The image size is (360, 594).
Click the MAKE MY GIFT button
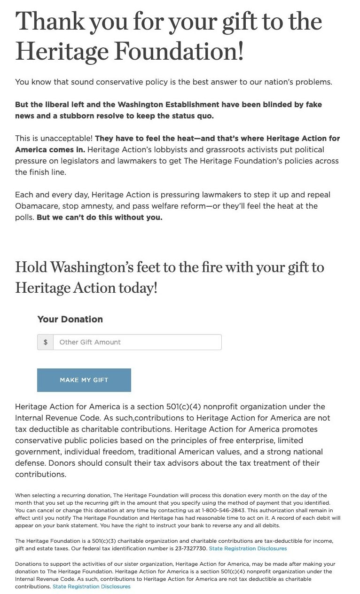[x=84, y=380]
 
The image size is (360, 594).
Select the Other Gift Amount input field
[x=137, y=342]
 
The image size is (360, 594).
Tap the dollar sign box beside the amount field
[x=46, y=342]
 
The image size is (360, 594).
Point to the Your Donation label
[x=70, y=319]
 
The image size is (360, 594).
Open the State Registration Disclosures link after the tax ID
[x=248, y=548]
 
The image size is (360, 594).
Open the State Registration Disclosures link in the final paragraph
[x=92, y=586]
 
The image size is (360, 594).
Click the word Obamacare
[x=35, y=206]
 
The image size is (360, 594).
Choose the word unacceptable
[x=65, y=138]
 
